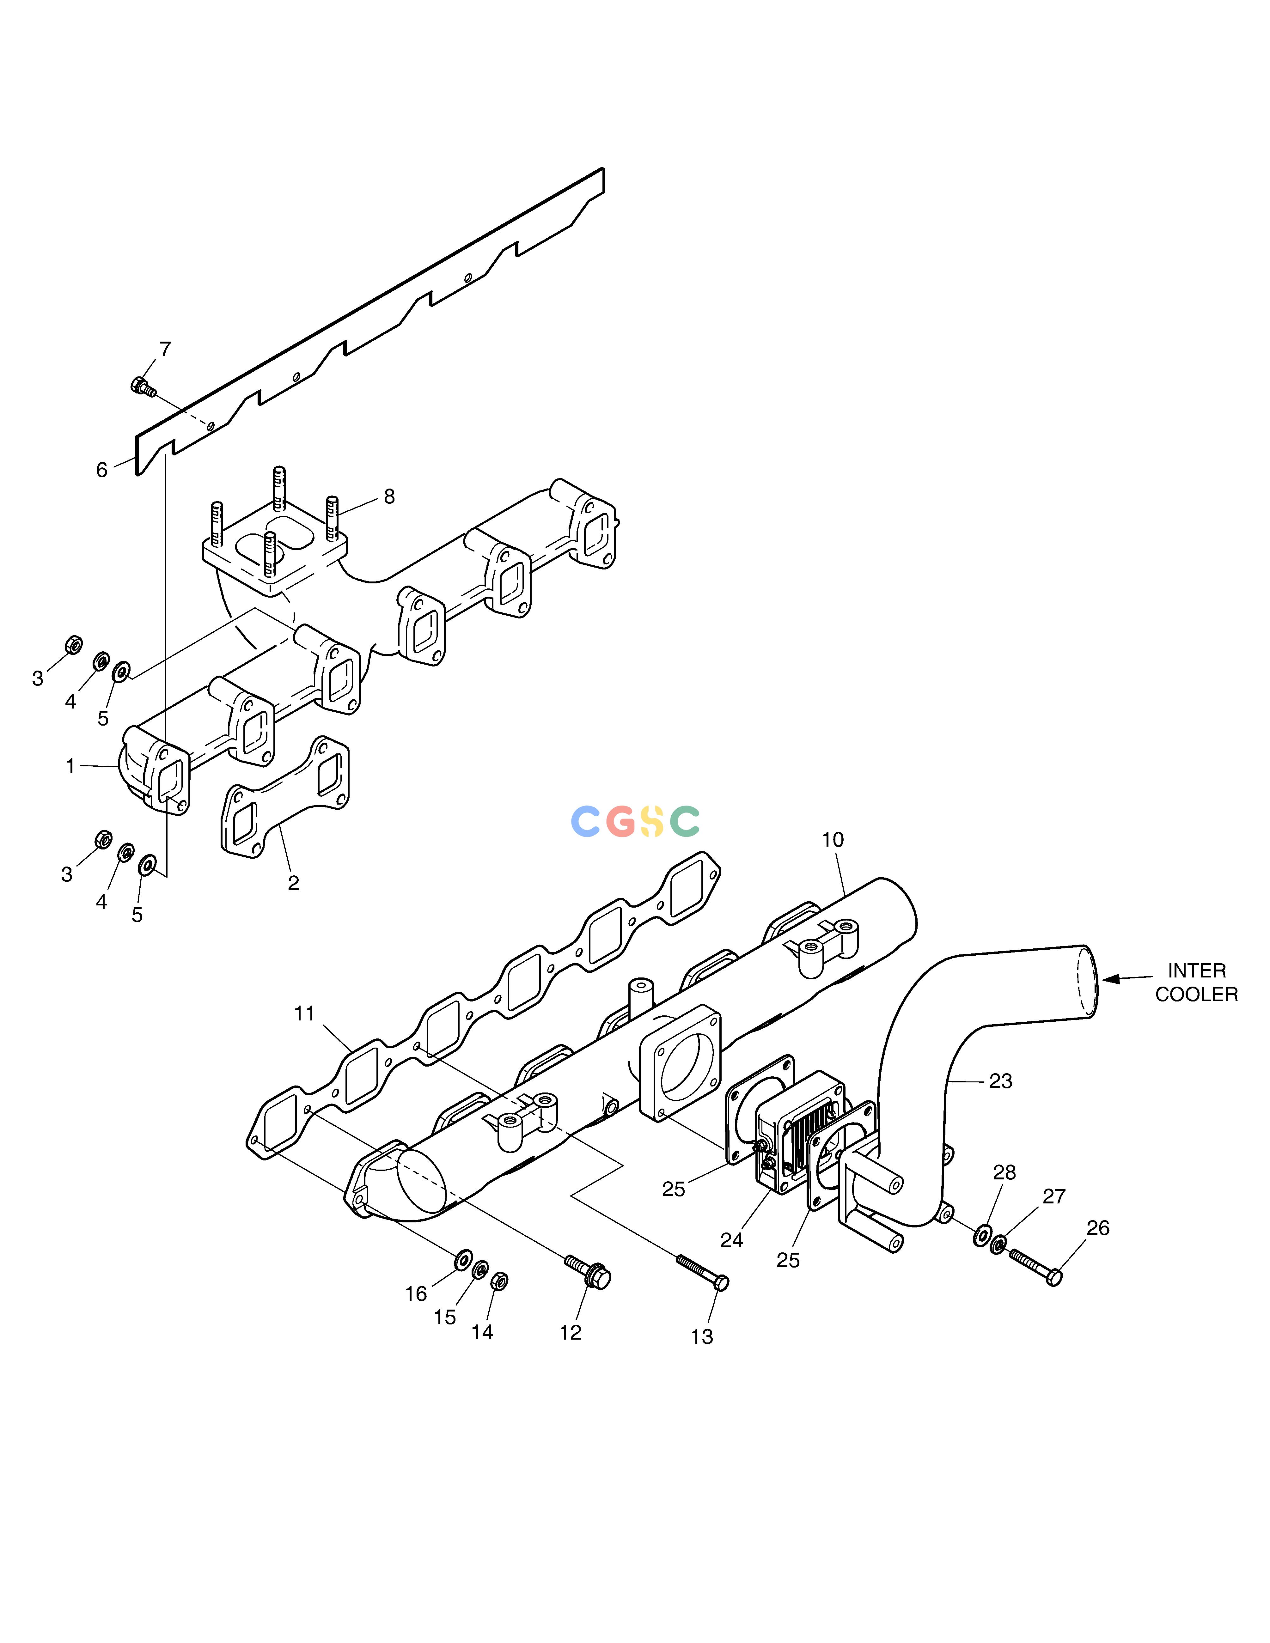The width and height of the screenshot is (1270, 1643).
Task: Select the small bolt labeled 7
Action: [142, 387]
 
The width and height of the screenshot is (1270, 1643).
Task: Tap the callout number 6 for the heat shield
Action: [101, 470]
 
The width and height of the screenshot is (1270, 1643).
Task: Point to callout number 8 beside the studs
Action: [389, 496]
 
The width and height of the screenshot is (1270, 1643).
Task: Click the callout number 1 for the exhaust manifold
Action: [71, 767]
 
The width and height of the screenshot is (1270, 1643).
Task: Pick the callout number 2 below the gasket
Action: [293, 883]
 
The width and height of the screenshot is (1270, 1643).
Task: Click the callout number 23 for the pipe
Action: [1001, 1081]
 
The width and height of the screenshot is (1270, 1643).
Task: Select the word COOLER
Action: [1196, 995]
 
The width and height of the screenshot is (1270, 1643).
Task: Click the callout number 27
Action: [1054, 1196]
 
